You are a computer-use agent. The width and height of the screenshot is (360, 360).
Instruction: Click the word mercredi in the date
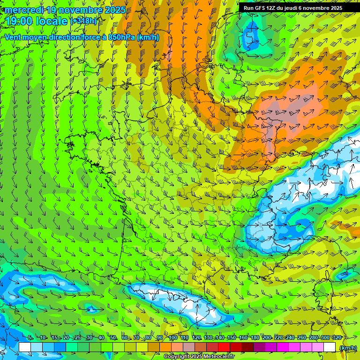coord(23,10)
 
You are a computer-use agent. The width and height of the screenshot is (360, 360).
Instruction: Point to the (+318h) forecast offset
coord(83,21)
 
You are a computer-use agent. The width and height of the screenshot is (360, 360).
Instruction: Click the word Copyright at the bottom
coord(176,357)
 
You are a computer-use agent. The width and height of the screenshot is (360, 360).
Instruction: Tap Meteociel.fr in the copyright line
coord(219,357)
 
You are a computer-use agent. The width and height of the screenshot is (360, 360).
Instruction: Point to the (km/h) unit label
coord(347,347)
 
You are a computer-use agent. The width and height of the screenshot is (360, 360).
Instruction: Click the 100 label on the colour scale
coord(172,338)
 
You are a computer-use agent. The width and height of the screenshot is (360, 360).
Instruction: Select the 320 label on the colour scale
coord(337,338)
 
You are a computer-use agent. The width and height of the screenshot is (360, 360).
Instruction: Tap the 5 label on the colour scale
coord(30,338)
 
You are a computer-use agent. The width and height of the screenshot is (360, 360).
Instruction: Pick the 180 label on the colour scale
coord(255,338)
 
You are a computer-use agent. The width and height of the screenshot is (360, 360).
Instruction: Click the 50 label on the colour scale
coord(113,338)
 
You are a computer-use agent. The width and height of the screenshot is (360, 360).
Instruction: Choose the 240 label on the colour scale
coord(290,338)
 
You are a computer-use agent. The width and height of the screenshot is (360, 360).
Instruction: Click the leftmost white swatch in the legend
coord(25,347)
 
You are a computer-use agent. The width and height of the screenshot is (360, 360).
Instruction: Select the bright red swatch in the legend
coord(224,347)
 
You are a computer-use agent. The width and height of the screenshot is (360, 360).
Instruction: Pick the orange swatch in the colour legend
coord(165,347)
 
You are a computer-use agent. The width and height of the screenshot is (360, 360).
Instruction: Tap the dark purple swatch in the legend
coord(259,347)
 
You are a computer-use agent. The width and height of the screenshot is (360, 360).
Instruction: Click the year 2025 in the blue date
coord(115,10)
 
